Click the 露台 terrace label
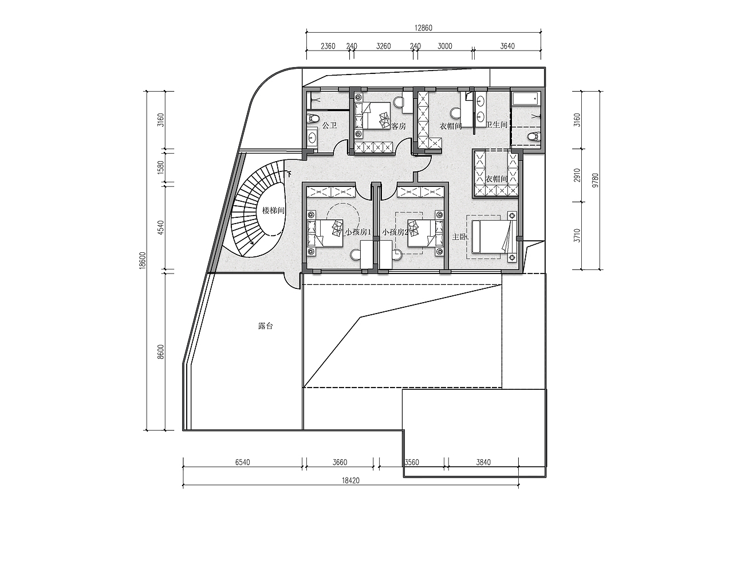pos(265,326)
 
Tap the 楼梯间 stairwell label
pos(274,211)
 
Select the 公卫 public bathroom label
pos(329,126)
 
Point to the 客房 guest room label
pos(399,126)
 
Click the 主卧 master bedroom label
pos(460,237)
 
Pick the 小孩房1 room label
pos(358,232)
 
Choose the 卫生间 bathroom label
pos(496,124)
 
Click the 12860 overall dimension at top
pos(423,28)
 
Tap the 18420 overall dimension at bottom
pos(351,480)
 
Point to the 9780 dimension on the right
pos(596,181)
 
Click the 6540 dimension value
pos(243,462)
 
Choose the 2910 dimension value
pos(577,175)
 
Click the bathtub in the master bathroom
pos(526,99)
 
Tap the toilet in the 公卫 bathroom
pos(313,119)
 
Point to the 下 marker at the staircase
pos(289,174)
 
